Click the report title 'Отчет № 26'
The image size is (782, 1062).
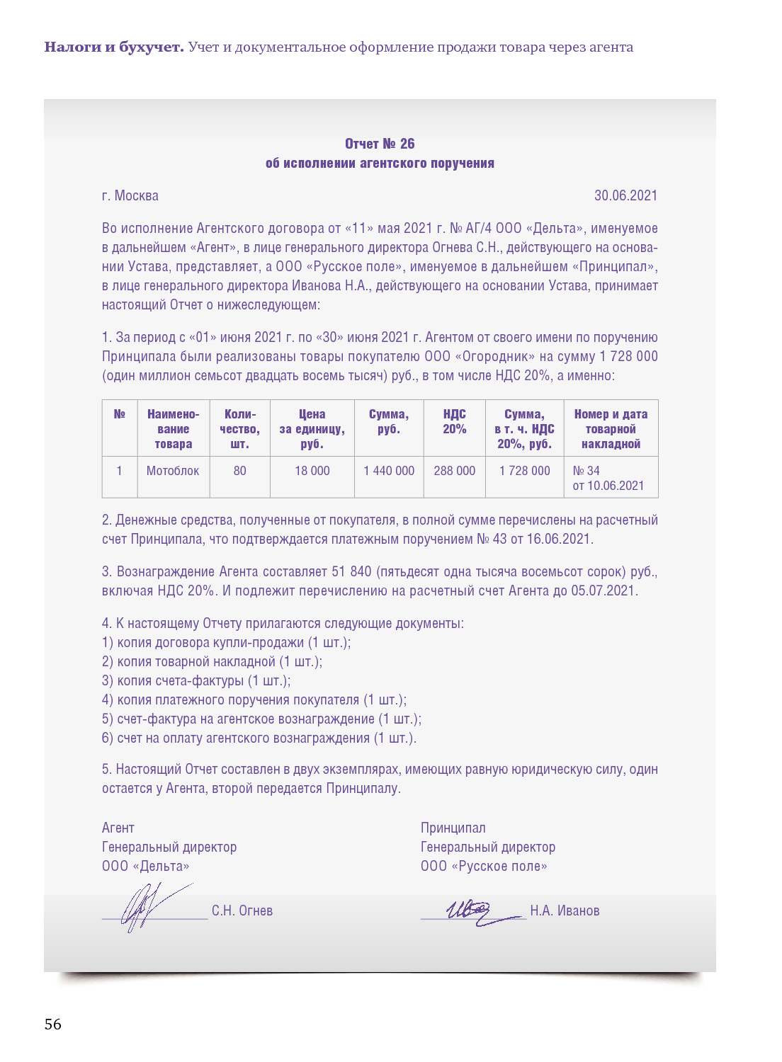[x=380, y=144]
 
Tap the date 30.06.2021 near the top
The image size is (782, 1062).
[x=625, y=195]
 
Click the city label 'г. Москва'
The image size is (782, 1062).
[x=130, y=195]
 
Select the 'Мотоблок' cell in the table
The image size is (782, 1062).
[x=173, y=471]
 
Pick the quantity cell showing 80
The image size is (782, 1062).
[x=239, y=471]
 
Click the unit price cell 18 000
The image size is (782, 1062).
[x=312, y=471]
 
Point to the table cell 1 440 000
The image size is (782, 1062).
[x=389, y=471]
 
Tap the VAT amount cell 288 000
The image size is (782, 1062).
[x=454, y=471]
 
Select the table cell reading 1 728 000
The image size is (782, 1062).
[x=524, y=471]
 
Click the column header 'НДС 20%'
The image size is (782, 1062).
[x=454, y=421]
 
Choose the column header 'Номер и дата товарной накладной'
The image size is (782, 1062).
[x=611, y=429]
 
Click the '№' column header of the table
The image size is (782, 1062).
[x=119, y=414]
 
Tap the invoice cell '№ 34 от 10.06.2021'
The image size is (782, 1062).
[x=608, y=478]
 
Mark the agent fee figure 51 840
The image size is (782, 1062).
[x=351, y=571]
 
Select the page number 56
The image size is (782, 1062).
[x=53, y=1024]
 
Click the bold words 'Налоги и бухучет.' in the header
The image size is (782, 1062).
[x=114, y=47]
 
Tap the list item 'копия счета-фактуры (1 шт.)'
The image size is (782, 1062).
[x=196, y=680]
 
